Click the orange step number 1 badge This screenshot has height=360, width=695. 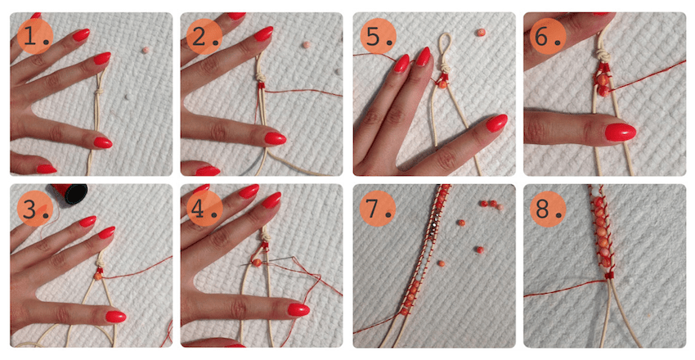click(x=35, y=36)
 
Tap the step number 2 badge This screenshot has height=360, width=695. click(x=204, y=36)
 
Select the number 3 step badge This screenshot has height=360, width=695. click(x=35, y=209)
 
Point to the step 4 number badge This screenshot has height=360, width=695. click(x=204, y=209)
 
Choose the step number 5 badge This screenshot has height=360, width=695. click(x=378, y=36)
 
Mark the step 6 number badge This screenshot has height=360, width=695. click(x=548, y=36)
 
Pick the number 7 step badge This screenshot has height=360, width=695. click(x=378, y=209)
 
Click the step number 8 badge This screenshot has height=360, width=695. click(x=548, y=209)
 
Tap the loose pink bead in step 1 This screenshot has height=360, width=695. click(x=146, y=50)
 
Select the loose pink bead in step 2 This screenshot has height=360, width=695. click(x=307, y=44)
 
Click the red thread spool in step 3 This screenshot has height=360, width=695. click(x=69, y=193)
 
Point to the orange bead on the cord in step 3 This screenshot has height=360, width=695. click(x=98, y=276)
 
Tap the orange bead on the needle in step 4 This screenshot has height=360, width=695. click(x=256, y=263)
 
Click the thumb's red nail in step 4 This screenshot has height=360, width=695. click(x=298, y=309)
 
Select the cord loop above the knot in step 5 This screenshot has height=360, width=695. click(x=444, y=49)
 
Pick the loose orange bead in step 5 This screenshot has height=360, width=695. click(x=481, y=33)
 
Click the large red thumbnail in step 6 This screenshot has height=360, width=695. click(x=621, y=132)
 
